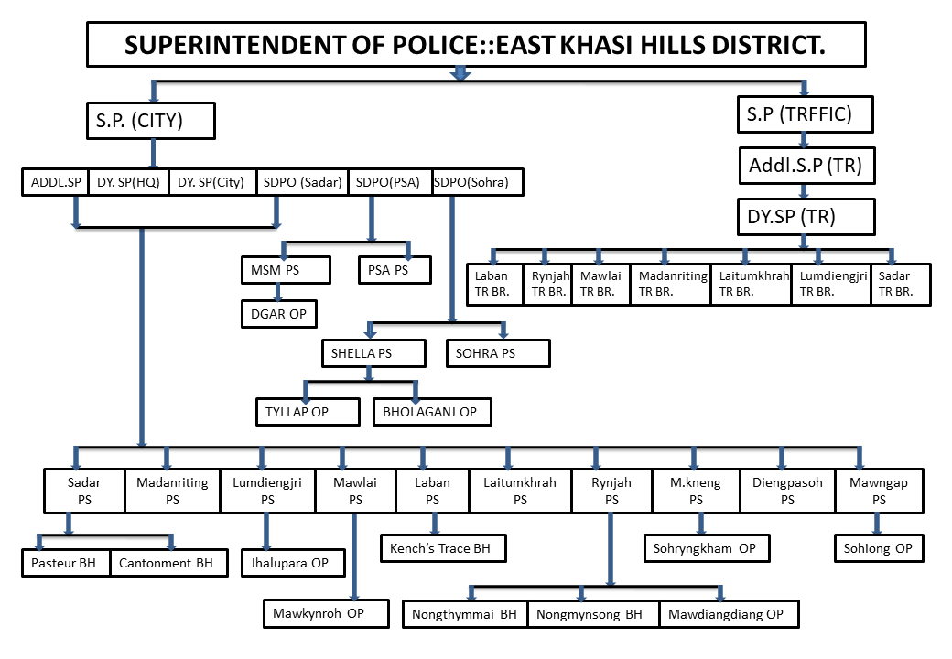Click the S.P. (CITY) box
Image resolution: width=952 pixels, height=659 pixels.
pos(150,121)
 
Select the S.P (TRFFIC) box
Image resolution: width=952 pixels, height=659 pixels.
pos(805,114)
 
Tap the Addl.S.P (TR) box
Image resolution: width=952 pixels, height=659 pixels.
pos(806,165)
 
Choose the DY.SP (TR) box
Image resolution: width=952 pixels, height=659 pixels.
pos(806,217)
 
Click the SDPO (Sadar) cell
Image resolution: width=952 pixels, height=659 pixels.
pos(302,182)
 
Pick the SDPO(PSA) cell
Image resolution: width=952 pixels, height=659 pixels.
pos(390,182)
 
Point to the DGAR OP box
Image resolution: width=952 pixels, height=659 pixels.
pos(278,314)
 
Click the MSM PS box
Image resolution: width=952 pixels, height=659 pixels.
pos(286,270)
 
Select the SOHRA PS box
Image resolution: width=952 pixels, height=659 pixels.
pos(498,353)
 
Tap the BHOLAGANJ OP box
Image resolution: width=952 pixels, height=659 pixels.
pos(432,412)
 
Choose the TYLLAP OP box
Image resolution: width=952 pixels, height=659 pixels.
pos(308,412)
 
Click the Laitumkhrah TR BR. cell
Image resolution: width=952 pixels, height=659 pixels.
pos(751,284)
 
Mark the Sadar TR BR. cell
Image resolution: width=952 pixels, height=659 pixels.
pos(901,284)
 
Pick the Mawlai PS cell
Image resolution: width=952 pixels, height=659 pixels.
pos(356,491)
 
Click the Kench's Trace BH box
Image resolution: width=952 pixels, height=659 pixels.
pos(443,548)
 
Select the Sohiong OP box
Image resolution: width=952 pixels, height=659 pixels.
pos(879,548)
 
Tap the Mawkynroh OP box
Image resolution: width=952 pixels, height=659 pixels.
pos(326,613)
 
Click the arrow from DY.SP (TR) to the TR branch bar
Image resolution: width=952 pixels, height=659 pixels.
pos(804,243)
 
